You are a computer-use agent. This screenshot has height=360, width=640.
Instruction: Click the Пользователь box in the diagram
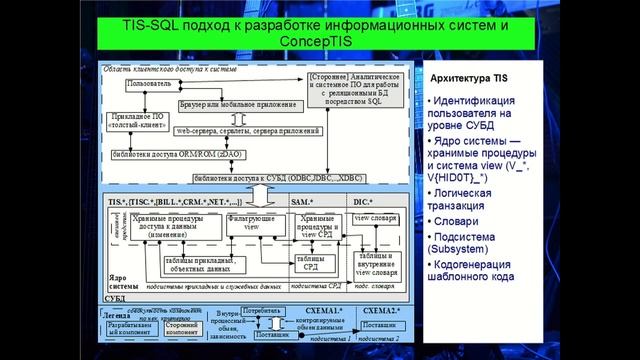pyautogui.click(x=149, y=83)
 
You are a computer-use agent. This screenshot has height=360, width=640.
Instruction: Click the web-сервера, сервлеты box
pyautogui.click(x=246, y=130)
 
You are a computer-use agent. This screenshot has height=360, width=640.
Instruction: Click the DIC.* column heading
pyautogui.click(x=363, y=202)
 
